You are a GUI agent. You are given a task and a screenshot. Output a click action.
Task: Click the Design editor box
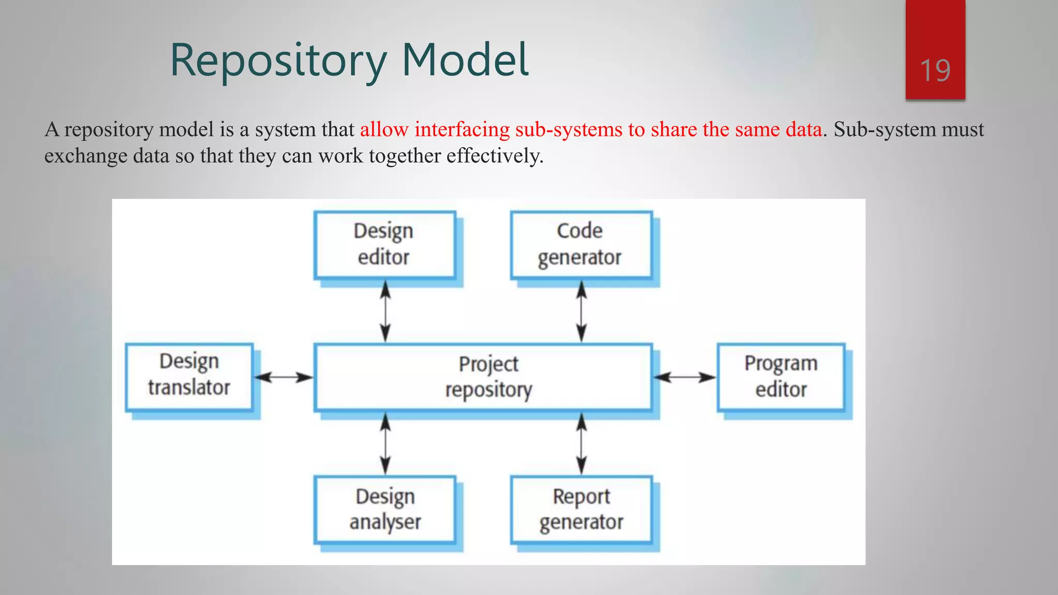[384, 244]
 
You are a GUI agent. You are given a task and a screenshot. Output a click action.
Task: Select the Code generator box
[581, 244]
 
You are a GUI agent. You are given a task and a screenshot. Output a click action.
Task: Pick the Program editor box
[781, 377]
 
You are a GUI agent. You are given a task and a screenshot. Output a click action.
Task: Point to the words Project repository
[488, 377]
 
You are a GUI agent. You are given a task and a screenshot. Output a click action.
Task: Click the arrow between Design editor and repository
[385, 311]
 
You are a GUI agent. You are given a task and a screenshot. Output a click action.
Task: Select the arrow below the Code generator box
[582, 311]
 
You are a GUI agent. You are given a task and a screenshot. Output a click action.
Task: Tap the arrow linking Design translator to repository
[284, 377]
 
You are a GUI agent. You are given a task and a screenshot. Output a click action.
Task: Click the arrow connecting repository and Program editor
[684, 377]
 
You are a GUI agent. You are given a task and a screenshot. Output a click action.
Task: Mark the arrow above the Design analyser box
[385, 443]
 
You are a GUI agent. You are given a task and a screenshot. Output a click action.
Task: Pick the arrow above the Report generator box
[582, 443]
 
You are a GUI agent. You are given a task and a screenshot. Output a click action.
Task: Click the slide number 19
[935, 70]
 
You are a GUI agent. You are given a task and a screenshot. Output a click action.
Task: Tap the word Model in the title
[465, 60]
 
